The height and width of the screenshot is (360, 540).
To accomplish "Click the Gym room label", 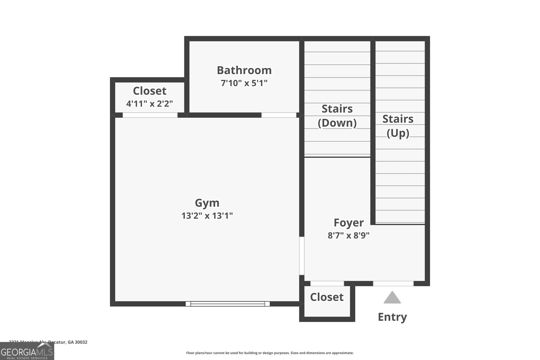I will tap(207, 203).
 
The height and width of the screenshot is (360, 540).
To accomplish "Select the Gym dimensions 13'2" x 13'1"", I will tap(207, 216).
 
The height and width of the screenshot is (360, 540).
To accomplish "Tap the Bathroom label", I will tap(244, 70).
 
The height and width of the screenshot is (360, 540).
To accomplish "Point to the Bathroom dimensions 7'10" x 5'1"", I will tap(244, 83).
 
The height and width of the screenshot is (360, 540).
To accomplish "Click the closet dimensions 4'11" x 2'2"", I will tap(150, 104).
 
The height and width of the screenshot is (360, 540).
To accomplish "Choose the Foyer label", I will tap(349, 223).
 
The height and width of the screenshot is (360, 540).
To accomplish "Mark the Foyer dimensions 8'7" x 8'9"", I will tap(349, 235).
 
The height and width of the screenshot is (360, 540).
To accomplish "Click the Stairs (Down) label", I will tap(337, 115).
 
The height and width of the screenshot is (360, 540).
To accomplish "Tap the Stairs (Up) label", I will tap(398, 126).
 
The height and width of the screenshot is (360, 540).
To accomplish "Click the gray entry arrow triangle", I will tap(392, 298).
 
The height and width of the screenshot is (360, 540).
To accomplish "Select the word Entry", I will tap(392, 317).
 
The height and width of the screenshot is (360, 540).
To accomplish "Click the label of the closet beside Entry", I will tap(327, 297).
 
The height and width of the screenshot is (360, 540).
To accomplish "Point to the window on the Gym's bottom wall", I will tap(227, 304).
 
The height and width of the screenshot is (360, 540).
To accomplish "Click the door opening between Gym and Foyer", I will tap(302, 256).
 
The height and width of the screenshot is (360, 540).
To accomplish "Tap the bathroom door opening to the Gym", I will tap(278, 115).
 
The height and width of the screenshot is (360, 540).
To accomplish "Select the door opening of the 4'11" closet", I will tap(150, 115).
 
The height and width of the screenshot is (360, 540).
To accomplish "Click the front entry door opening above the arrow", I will tap(393, 283).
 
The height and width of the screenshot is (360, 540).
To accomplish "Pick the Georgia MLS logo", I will tap(27, 352).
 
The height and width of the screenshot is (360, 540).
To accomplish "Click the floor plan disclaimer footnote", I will tap(270, 353).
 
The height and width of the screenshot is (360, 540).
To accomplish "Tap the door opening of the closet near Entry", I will tap(327, 283).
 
